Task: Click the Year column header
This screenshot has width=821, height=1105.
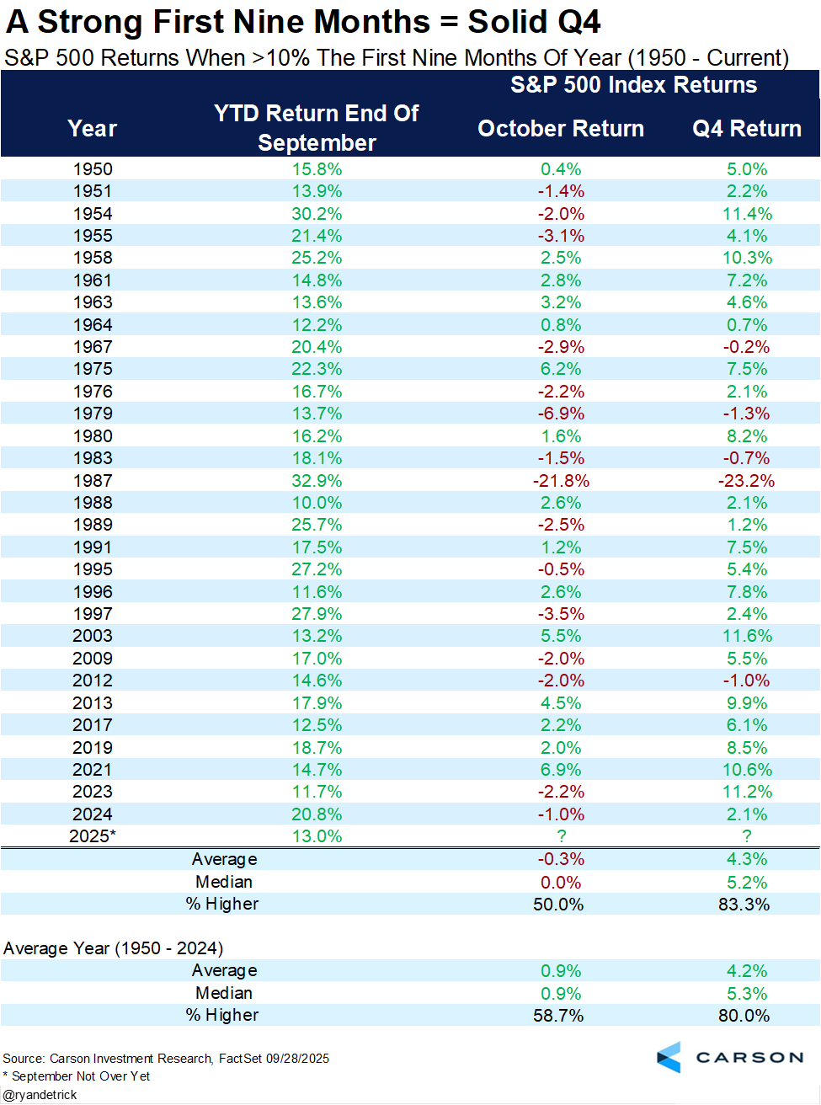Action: (92, 129)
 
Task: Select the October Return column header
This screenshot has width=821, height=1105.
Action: (561, 129)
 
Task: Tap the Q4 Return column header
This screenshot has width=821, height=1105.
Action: (746, 129)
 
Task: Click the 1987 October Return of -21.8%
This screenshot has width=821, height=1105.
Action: (561, 481)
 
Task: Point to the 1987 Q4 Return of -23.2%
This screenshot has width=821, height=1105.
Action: (746, 481)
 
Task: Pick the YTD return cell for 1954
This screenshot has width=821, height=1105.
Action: (317, 214)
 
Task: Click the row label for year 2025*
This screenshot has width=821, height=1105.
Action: (92, 836)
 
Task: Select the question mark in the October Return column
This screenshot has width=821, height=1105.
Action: (561, 836)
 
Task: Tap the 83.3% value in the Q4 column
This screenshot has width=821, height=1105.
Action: (744, 904)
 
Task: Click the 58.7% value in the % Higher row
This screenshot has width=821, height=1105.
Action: (558, 1016)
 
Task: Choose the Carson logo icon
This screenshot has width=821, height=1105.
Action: (669, 1057)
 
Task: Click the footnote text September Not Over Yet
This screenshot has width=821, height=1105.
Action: (81, 1076)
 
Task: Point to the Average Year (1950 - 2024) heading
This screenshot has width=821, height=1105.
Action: (113, 948)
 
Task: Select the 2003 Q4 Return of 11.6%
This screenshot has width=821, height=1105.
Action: (746, 636)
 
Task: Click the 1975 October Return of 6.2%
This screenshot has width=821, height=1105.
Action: (561, 369)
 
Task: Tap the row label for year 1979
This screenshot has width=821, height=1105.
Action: (92, 414)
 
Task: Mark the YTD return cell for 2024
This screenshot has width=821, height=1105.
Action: (317, 814)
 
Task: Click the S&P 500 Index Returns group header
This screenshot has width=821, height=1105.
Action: (633, 85)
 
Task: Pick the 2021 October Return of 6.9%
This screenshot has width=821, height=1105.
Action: (561, 770)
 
